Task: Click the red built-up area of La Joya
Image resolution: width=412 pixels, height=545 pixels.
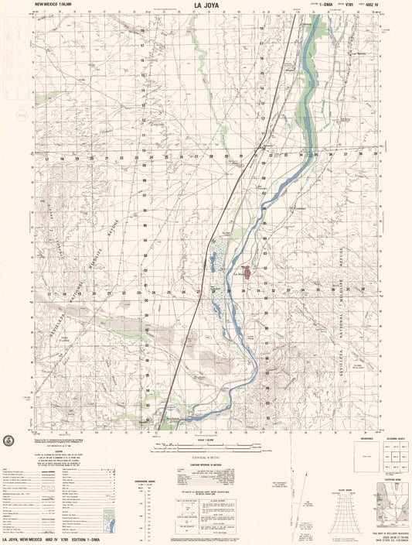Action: pos(246,272)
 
